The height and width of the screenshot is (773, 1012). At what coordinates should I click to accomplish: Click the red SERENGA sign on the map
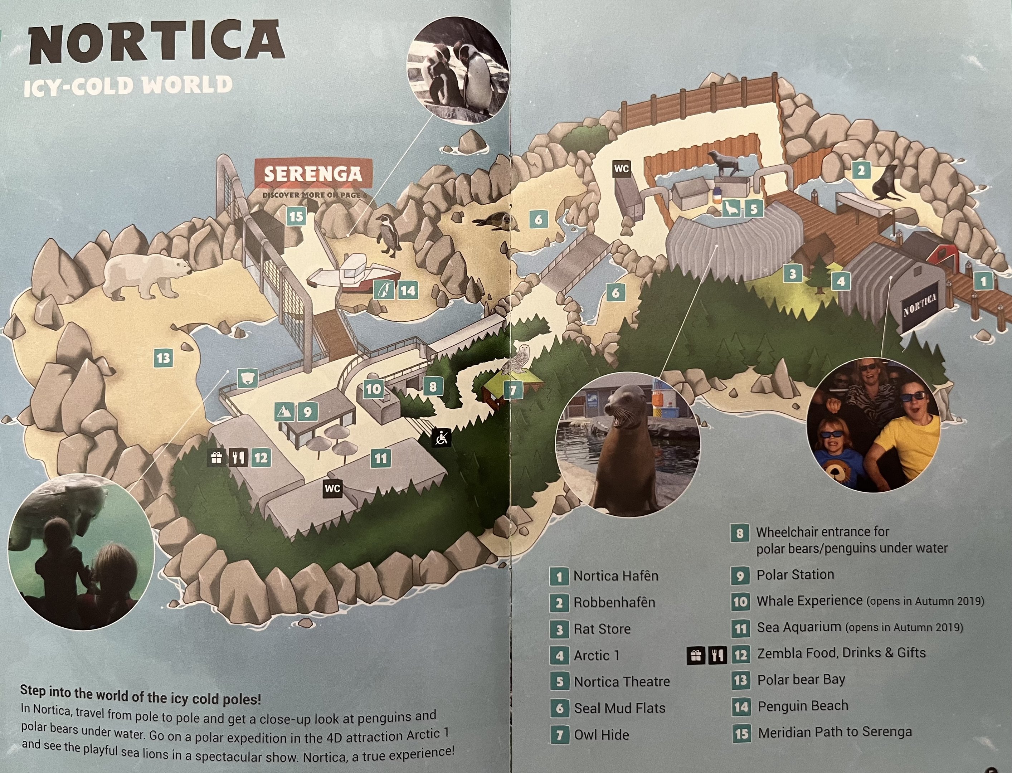point(313,174)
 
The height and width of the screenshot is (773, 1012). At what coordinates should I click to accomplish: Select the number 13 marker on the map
point(163,358)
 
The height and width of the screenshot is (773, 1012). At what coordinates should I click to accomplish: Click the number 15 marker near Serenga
point(296,216)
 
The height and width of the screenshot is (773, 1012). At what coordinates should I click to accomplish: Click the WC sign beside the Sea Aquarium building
point(332,488)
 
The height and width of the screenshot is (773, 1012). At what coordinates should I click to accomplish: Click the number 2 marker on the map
point(861,171)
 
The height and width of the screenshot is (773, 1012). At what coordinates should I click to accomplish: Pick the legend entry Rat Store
point(602,629)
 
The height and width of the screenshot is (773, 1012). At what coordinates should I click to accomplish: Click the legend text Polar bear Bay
point(801,680)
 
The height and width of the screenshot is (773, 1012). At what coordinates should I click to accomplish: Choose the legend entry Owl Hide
point(601,735)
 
